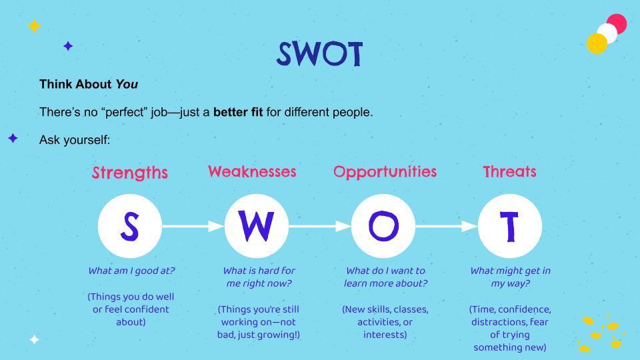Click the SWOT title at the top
[x=319, y=54]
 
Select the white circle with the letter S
[x=129, y=227]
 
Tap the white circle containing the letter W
[x=257, y=227]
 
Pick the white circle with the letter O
[x=383, y=227]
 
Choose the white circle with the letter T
[x=510, y=227]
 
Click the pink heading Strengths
[x=129, y=173]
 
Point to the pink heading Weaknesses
[x=252, y=172]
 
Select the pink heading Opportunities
[x=385, y=172]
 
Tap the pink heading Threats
[x=509, y=172]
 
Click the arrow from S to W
[x=193, y=227]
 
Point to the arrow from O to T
[x=447, y=227]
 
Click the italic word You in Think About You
[x=127, y=85]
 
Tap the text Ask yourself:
[x=75, y=140]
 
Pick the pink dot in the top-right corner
[x=617, y=23]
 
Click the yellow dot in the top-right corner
[x=597, y=44]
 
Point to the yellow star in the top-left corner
[x=34, y=26]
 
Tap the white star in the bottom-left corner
[x=34, y=339]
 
